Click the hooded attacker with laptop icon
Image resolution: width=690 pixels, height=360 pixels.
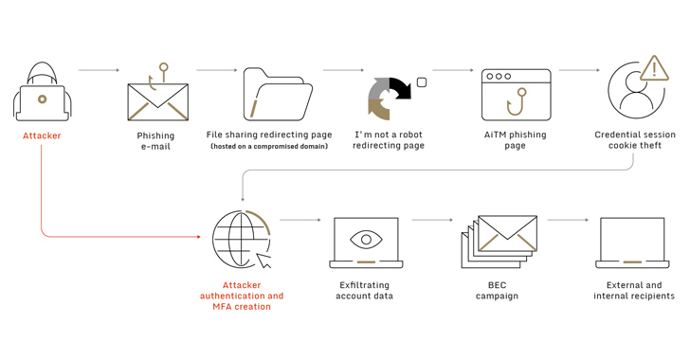(x=42, y=92)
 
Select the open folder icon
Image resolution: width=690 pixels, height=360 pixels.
(x=278, y=94)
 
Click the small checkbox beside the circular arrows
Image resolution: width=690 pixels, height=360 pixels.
(x=422, y=82)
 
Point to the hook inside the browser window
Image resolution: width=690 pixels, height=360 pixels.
(x=517, y=102)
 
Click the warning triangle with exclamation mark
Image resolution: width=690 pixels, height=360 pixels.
(x=654, y=68)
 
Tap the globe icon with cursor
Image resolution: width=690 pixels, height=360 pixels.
(x=242, y=239)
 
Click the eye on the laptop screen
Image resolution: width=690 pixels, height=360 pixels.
(x=366, y=240)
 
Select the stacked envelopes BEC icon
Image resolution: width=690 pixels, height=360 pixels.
(x=499, y=242)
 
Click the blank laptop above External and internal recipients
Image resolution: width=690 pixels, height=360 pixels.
(x=632, y=243)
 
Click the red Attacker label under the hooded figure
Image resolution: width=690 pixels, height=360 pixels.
(x=42, y=135)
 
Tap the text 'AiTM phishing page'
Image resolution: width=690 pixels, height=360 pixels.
(x=516, y=140)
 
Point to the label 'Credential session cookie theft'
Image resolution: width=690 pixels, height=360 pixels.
(x=635, y=140)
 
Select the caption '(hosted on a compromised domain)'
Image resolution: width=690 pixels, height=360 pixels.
(x=269, y=146)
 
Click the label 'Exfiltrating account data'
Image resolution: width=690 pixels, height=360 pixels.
(x=364, y=291)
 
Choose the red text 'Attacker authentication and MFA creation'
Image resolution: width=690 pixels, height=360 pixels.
(x=242, y=296)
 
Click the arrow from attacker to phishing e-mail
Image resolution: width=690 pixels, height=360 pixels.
(x=99, y=70)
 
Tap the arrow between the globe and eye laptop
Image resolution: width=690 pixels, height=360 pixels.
(x=300, y=220)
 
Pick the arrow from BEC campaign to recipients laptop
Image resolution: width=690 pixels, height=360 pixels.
(x=568, y=220)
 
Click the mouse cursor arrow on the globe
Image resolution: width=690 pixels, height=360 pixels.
(x=263, y=261)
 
